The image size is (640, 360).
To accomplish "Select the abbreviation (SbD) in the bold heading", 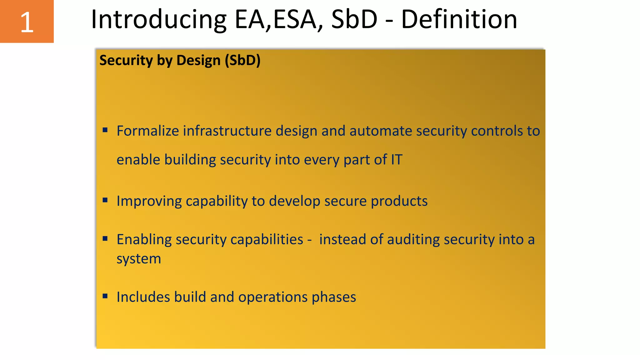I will click(x=242, y=60).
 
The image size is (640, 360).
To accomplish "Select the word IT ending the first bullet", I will click(x=397, y=160).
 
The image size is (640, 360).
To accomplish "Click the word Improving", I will click(x=149, y=201).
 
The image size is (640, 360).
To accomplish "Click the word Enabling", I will click(x=144, y=240).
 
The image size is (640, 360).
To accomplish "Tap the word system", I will click(x=139, y=259).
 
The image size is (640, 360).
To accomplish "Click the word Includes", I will click(x=143, y=297).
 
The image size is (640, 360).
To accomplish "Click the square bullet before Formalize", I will click(x=105, y=130).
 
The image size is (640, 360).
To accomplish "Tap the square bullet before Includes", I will click(x=105, y=296).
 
